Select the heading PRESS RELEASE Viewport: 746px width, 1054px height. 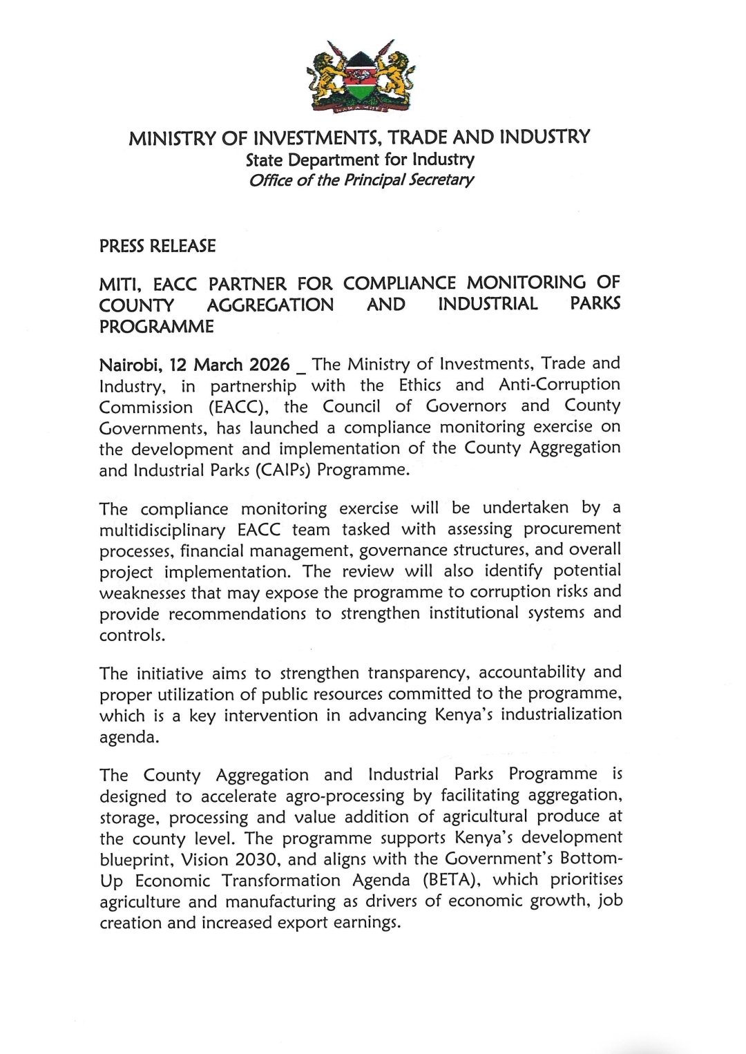click(157, 246)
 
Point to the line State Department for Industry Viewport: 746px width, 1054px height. click(361, 160)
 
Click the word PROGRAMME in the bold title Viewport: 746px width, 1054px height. click(157, 327)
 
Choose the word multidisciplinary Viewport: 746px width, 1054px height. click(182, 530)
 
